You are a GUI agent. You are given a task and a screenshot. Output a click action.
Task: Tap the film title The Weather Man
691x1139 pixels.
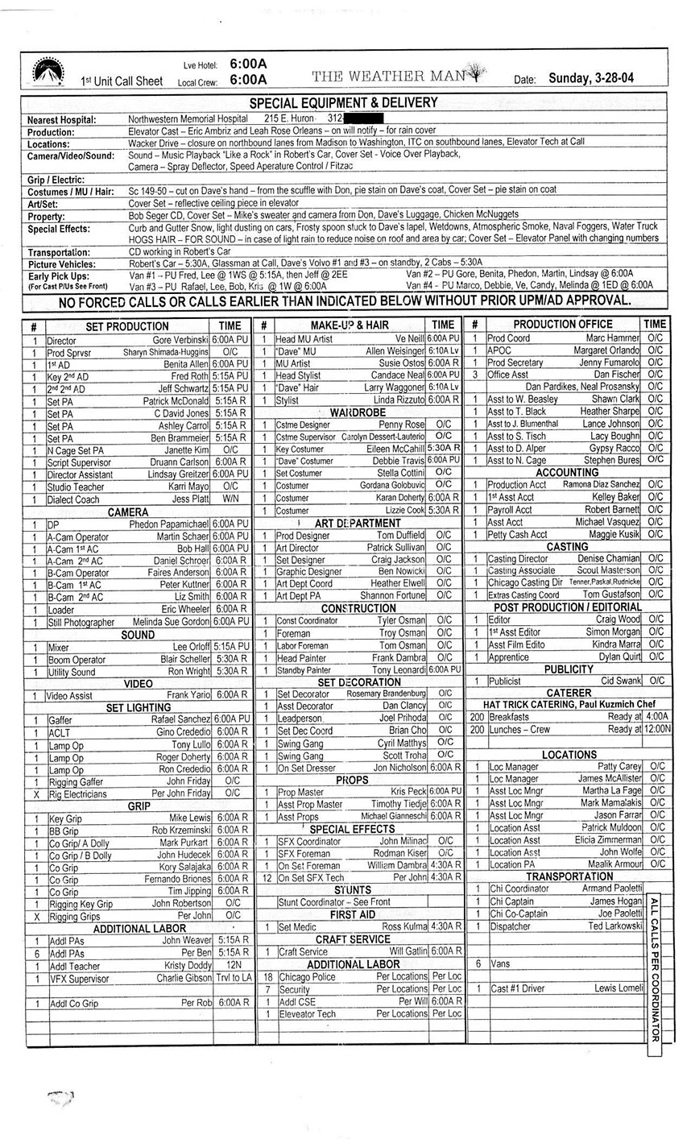click(390, 76)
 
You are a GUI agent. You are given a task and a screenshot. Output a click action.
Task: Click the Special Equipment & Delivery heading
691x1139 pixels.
click(343, 102)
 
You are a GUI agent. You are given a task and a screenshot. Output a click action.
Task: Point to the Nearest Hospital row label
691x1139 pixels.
click(62, 119)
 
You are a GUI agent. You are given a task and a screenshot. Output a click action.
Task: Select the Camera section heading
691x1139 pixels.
click(128, 512)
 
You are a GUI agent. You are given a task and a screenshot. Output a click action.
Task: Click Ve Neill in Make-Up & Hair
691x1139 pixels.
click(409, 339)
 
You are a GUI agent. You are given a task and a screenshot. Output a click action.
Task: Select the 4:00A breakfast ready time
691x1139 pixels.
click(656, 716)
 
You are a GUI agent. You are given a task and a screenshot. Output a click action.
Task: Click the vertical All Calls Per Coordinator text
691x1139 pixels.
click(654, 967)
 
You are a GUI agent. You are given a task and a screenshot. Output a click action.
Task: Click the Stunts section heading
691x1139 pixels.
click(352, 890)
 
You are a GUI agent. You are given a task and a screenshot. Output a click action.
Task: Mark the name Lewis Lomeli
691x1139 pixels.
click(619, 988)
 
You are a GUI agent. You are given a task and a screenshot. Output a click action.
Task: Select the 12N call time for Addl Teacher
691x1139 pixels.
click(234, 966)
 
